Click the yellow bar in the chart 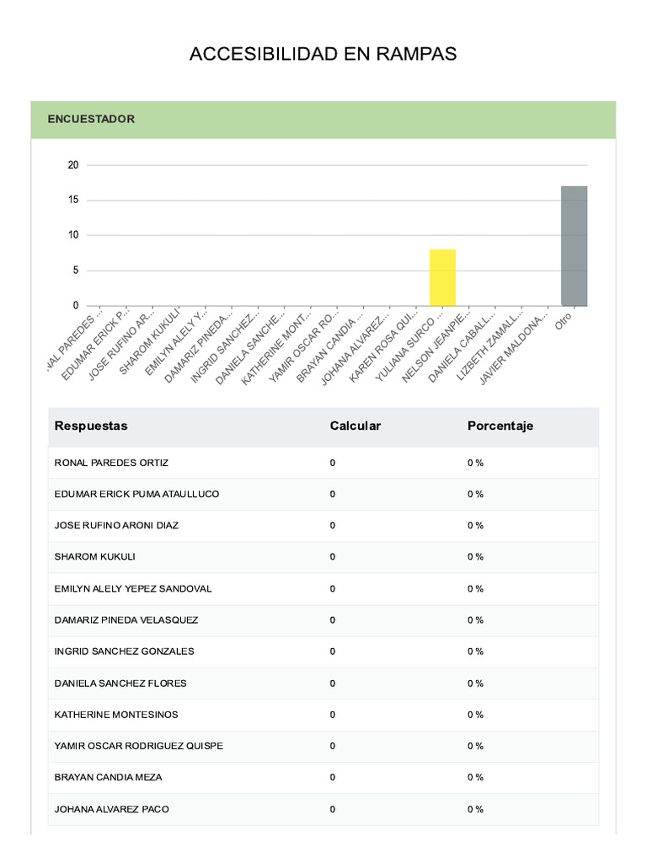click(442, 277)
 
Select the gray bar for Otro click(574, 245)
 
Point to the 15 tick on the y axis click(73, 200)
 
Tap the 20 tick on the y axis click(73, 165)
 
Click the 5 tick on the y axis click(76, 271)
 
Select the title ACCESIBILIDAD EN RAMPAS click(323, 55)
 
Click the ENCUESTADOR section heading click(91, 120)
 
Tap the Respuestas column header click(91, 426)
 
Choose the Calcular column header click(355, 426)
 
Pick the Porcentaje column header click(500, 426)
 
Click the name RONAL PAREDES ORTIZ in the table click(111, 463)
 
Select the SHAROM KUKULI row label click(94, 557)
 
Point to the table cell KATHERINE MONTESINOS click(116, 715)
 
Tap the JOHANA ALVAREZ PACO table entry click(111, 809)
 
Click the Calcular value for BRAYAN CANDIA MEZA click(333, 777)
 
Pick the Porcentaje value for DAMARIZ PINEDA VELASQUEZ click(475, 620)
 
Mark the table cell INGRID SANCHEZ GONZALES click(124, 651)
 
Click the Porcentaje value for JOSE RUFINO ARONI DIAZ click(475, 526)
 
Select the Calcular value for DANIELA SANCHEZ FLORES click(333, 683)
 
